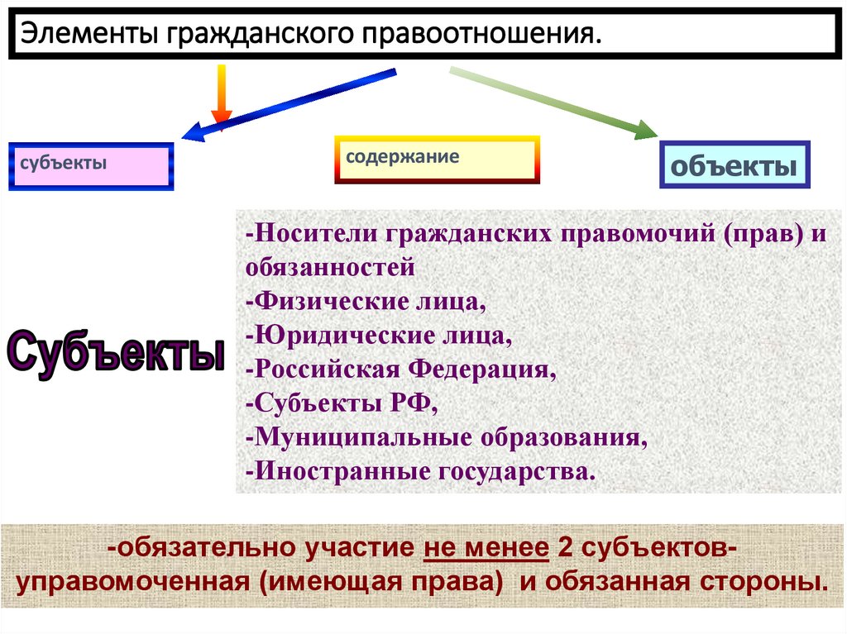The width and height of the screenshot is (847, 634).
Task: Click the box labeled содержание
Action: click(x=437, y=160)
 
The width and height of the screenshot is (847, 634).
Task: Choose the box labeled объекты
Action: click(x=734, y=165)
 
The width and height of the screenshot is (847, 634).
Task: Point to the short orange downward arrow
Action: click(x=221, y=95)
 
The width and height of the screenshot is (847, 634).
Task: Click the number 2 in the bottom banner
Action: click(x=567, y=547)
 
